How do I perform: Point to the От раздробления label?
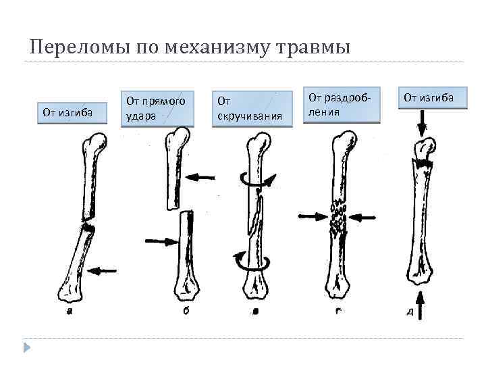[342, 104]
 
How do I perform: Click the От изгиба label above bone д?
[429, 99]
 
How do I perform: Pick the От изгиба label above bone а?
[67, 111]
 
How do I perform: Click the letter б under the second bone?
[185, 312]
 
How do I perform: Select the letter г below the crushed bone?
[337, 312]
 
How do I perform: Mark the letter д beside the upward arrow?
[410, 312]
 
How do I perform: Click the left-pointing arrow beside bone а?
[103, 270]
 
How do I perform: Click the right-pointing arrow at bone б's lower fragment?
[159, 240]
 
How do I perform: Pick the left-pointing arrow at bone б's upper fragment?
[200, 177]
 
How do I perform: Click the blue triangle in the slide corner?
[27, 347]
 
